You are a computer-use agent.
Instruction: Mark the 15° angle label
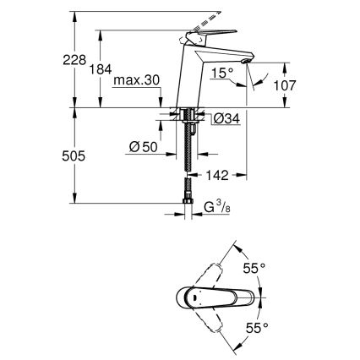tap(223, 73)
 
